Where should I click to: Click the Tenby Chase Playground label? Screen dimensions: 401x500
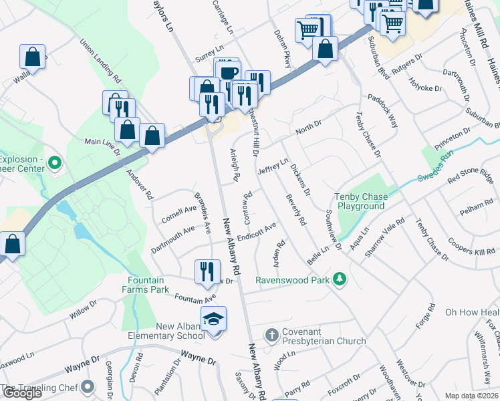click(360, 202)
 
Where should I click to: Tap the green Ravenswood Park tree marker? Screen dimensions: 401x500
click(340, 279)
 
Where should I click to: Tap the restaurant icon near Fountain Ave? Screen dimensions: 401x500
click(207, 271)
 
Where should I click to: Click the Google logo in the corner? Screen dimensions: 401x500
click(22, 393)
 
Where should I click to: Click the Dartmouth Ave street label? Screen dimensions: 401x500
click(172, 238)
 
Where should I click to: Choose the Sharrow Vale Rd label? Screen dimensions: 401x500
click(390, 231)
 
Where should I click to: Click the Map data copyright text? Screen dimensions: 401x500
click(472, 396)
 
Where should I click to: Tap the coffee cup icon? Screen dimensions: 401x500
click(229, 72)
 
